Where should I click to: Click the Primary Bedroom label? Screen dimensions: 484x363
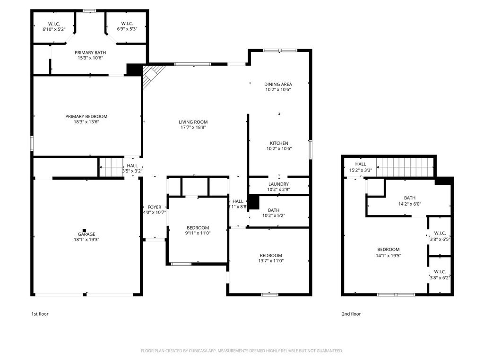(x=86, y=116)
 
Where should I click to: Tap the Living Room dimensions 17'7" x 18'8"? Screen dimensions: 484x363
(x=193, y=127)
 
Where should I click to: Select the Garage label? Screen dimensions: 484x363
(x=86, y=234)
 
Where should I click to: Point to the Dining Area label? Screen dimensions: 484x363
(x=278, y=84)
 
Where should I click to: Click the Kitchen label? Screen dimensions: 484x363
(x=279, y=143)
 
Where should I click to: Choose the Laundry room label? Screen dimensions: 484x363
(x=278, y=184)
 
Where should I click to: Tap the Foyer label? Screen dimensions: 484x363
(x=155, y=207)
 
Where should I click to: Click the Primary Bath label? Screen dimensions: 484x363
(x=90, y=52)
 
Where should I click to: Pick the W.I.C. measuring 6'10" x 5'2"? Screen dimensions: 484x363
(x=54, y=26)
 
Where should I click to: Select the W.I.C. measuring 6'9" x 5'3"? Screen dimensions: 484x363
(x=127, y=26)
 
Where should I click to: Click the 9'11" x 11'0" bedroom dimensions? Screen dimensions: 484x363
(x=198, y=233)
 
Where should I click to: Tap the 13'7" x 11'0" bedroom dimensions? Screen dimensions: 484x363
(x=271, y=261)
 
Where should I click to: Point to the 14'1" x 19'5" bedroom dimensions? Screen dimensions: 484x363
(x=389, y=256)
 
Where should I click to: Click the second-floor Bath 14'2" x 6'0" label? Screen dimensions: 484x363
(x=410, y=201)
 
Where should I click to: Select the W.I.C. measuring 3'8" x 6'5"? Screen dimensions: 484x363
(x=440, y=236)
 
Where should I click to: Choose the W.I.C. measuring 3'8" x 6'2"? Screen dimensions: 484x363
(x=440, y=275)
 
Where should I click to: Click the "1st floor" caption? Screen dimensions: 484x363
(x=40, y=314)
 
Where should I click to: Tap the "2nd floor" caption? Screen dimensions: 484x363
(x=351, y=314)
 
